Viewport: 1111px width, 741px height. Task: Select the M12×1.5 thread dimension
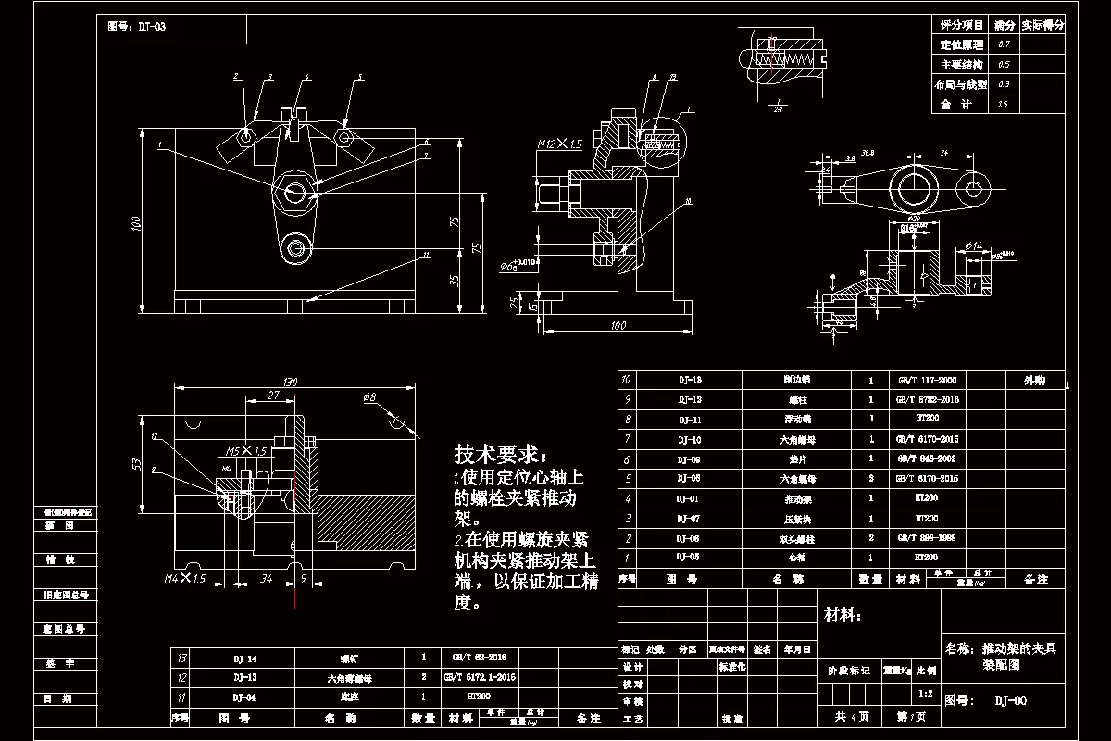(560, 144)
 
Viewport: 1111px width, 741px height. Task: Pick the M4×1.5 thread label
(184, 579)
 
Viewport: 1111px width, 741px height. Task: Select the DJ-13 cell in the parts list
(690, 380)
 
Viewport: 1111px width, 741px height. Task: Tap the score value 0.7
(1004, 44)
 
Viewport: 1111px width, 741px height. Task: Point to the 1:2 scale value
(923, 692)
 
